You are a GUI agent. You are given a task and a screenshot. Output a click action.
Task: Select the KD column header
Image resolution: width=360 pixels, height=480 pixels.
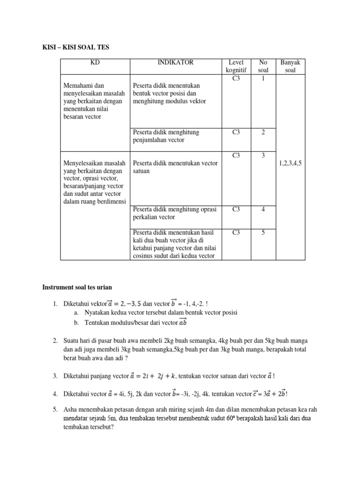95,62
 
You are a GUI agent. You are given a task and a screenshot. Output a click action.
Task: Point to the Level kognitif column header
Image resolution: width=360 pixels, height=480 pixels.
236,66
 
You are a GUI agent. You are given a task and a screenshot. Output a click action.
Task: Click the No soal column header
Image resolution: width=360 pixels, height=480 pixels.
263,66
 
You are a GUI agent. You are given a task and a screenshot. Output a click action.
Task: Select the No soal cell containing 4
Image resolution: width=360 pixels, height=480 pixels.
263,210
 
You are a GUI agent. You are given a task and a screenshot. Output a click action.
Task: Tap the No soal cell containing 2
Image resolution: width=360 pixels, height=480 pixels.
263,133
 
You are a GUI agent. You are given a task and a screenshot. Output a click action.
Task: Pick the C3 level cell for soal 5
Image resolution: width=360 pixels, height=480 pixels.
236,232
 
